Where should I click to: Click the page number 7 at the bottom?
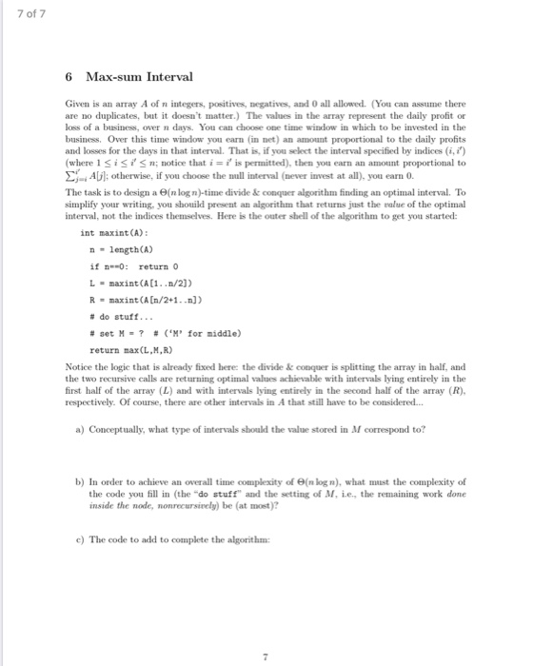[x=266, y=628]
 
